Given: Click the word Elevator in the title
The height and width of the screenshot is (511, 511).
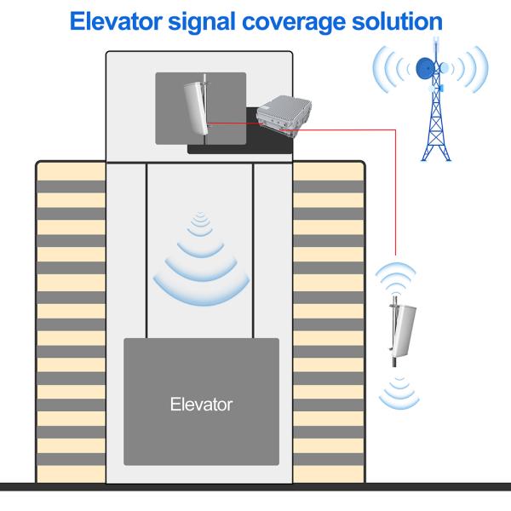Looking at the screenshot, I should coord(115,20).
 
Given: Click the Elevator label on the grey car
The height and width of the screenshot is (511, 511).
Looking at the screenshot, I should coord(201,404).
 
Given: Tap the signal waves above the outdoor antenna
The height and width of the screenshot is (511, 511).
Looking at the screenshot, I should coord(398,275).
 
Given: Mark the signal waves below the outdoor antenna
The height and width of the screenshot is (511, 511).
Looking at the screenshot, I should coord(398,390).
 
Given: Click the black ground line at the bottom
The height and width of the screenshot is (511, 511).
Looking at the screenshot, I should coord(255,487).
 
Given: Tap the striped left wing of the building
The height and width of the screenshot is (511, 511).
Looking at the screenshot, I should coord(70,324).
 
